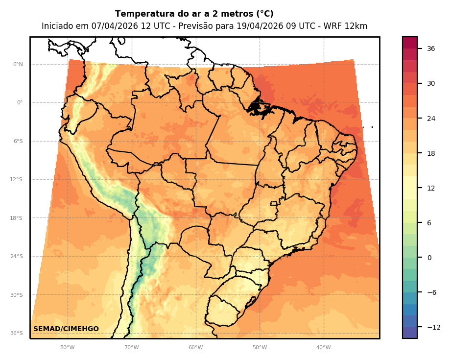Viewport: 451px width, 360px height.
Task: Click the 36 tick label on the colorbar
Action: click(x=431, y=48)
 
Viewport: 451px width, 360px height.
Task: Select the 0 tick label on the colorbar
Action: click(x=429, y=258)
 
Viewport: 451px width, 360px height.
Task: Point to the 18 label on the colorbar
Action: click(x=431, y=153)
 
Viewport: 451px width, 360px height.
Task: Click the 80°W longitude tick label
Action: click(x=68, y=348)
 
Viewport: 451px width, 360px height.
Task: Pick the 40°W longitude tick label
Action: click(x=323, y=348)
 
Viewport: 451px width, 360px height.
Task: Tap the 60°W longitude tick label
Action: click(x=195, y=348)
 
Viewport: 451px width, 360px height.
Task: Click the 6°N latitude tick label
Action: click(x=18, y=64)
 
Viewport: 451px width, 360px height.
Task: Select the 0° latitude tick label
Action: click(x=20, y=103)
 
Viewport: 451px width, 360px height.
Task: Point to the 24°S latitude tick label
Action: click(x=17, y=256)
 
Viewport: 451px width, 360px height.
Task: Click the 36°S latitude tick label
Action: click(x=17, y=333)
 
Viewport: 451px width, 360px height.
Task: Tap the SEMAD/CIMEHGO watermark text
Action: click(x=66, y=329)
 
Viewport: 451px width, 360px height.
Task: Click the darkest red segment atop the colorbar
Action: click(x=410, y=42)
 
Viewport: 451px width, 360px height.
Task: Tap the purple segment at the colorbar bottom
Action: click(x=410, y=333)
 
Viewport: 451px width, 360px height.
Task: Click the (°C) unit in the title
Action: click(x=263, y=14)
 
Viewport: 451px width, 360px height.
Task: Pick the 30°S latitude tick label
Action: click(x=17, y=295)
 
